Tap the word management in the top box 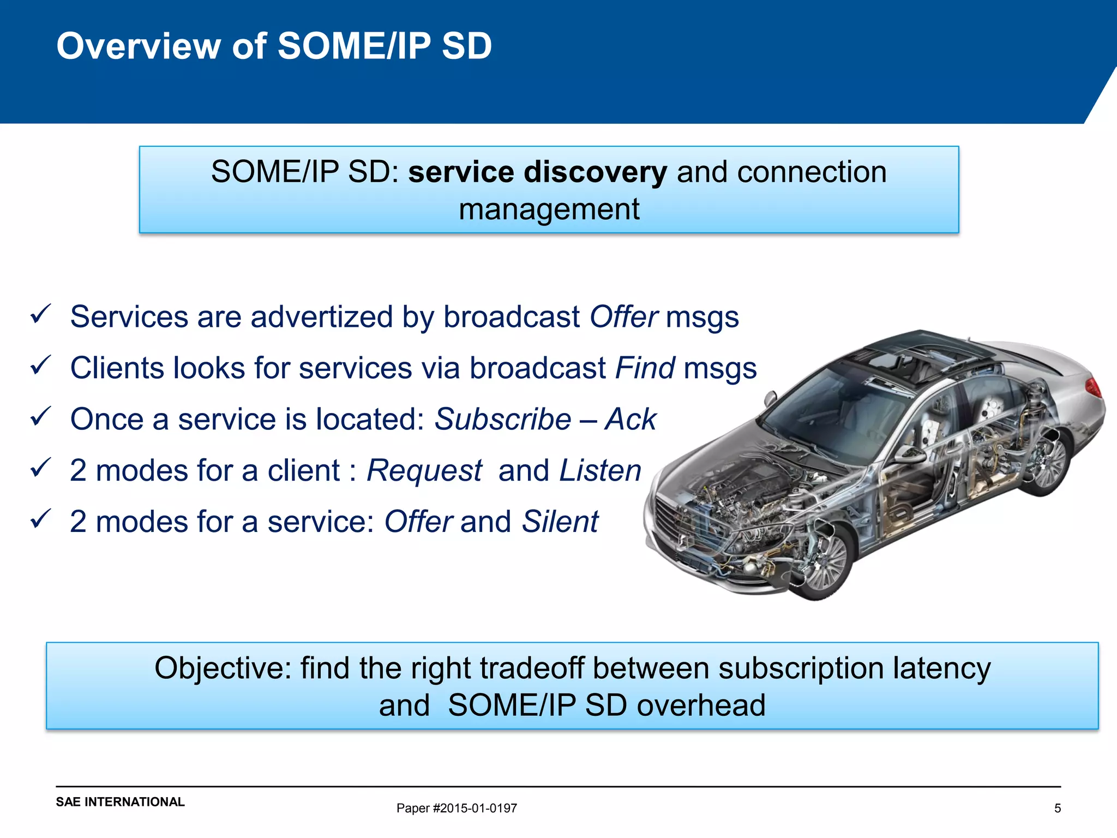(x=549, y=209)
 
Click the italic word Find (x=645, y=368)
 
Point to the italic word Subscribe (x=502, y=419)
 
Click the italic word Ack (x=630, y=419)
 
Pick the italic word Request (x=424, y=470)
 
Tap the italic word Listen (x=600, y=470)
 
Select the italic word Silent (x=560, y=522)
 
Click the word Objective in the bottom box (x=223, y=668)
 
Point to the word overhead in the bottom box (x=701, y=705)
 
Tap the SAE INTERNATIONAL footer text (x=120, y=801)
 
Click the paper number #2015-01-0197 (x=475, y=808)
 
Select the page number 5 (x=1057, y=808)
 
